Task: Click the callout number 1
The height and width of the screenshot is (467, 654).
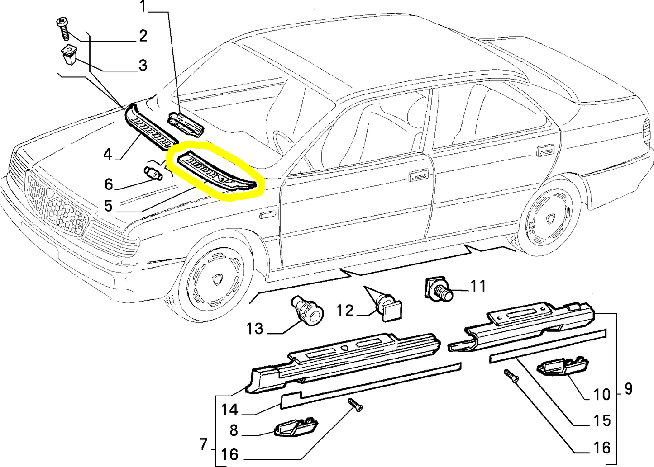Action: [x=143, y=7]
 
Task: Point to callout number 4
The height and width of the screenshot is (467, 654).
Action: [x=107, y=155]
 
